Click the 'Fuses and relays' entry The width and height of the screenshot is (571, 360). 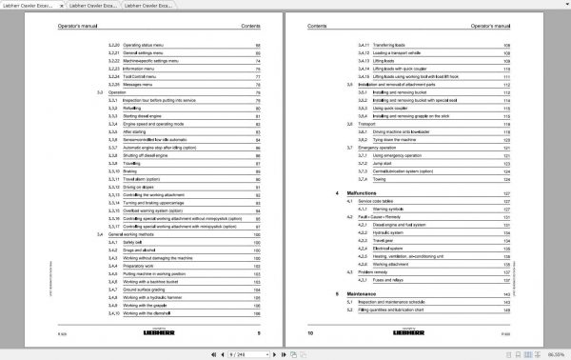pos(389,281)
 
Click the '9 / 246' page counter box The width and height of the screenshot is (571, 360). pos(285,353)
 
